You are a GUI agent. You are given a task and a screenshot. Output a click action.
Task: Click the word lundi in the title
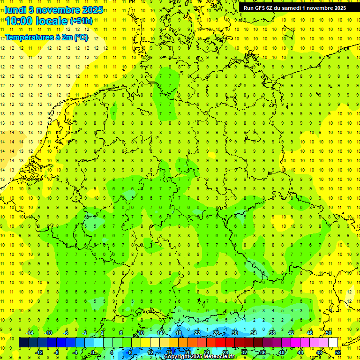[x=16, y=9]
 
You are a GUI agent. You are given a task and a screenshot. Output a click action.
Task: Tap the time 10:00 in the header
[x=21, y=21]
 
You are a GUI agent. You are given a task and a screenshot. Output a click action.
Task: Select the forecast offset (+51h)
[x=81, y=21]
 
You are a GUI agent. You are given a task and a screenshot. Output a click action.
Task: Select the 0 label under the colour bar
[x=92, y=352]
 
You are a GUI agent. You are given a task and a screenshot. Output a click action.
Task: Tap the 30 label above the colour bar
[x=234, y=333]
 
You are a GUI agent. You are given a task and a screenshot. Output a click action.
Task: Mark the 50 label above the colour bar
[x=329, y=333]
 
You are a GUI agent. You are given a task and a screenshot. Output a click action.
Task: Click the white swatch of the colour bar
[x=333, y=343]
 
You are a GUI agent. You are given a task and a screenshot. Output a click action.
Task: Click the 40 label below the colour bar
[x=281, y=352]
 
